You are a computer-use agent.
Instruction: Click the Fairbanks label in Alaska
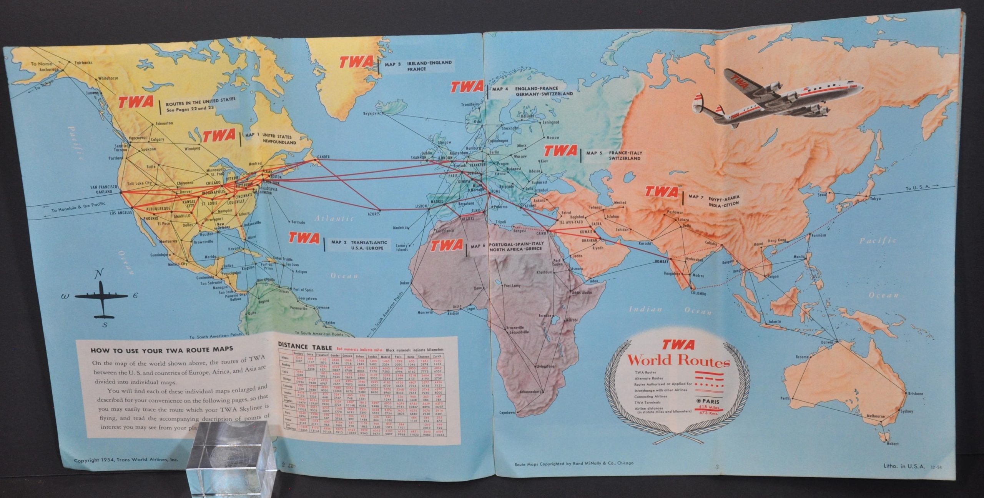click(83, 63)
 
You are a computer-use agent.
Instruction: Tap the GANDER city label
click(324, 157)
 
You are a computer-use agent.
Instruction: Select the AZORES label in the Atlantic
click(373, 214)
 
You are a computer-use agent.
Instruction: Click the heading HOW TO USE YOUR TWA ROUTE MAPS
click(162, 350)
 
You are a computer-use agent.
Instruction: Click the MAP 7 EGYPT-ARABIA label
click(715, 200)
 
